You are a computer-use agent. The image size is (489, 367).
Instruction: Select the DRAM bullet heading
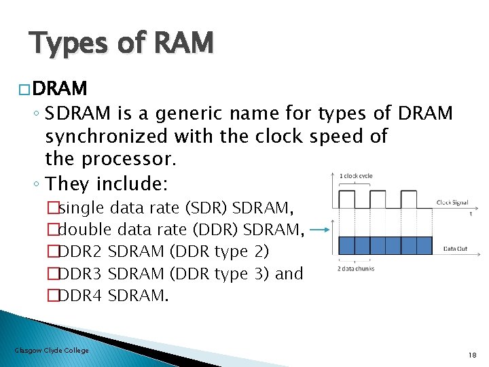[58, 88]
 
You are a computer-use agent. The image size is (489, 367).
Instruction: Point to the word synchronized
[106, 137]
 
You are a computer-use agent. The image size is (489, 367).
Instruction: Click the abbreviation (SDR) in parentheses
[205, 207]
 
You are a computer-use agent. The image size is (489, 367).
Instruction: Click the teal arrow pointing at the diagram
[321, 230]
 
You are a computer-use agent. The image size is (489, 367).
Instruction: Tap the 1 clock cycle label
[355, 177]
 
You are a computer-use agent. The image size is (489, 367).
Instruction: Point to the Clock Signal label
[452, 202]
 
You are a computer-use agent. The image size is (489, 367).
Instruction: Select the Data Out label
[455, 249]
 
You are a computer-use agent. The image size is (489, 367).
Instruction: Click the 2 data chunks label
[355, 268]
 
